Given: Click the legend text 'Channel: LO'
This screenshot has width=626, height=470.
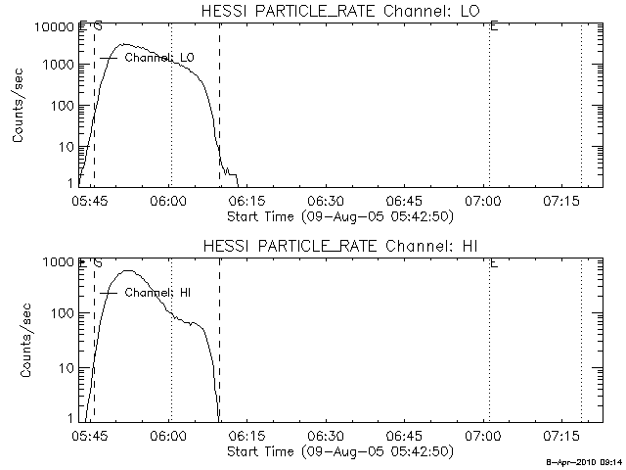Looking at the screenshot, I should [159, 58].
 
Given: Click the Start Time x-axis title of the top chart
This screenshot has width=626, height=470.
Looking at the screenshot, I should [338, 216].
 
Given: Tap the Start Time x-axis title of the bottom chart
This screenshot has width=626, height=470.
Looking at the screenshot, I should [338, 451].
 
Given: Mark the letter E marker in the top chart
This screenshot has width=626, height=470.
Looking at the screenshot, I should [494, 26].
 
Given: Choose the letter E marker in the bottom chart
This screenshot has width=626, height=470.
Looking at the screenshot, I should [494, 262].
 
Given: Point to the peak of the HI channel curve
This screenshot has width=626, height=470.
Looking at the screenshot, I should [126, 271].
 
